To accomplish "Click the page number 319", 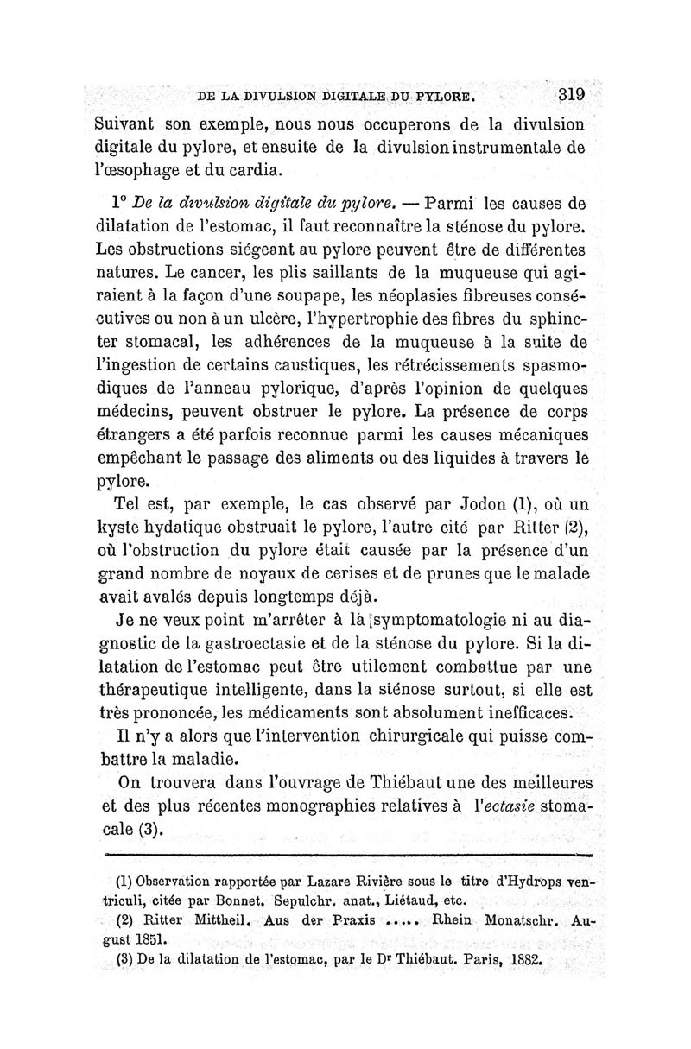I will tap(571, 94).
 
